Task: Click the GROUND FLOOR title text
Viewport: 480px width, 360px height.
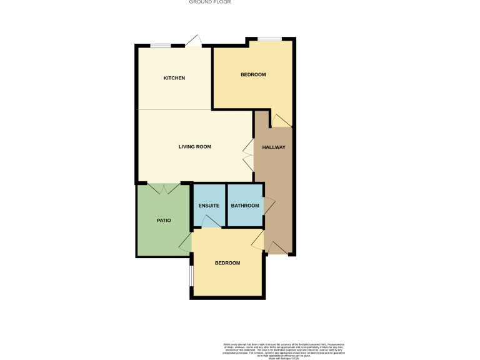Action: [x=210, y=2]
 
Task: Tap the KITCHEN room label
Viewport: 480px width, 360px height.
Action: [x=174, y=78]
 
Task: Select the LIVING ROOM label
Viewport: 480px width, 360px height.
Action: [x=195, y=147]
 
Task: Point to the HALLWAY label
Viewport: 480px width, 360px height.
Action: [x=274, y=147]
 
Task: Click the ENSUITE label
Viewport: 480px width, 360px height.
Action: [x=209, y=206]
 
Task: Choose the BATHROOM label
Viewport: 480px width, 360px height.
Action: [x=245, y=206]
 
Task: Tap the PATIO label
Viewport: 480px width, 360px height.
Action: [x=164, y=221]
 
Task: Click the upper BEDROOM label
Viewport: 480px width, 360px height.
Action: [x=253, y=75]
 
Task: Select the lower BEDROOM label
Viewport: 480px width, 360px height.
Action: [x=227, y=263]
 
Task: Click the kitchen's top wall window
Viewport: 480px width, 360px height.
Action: [x=161, y=45]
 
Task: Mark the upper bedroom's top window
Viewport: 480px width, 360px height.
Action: [x=270, y=39]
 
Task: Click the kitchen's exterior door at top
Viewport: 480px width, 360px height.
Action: [x=194, y=41]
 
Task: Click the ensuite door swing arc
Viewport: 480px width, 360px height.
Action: [x=211, y=221]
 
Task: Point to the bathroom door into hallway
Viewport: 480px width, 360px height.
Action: [x=269, y=206]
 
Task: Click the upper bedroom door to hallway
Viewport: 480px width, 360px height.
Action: [x=281, y=120]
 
